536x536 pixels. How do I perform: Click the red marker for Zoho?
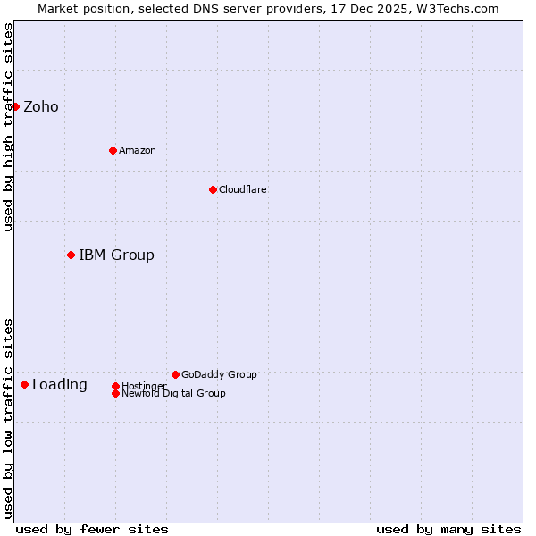tap(15, 106)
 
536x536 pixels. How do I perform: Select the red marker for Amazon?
tap(113, 150)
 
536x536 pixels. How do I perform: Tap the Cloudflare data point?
tap(213, 189)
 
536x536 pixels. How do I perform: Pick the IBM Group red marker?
tap(71, 255)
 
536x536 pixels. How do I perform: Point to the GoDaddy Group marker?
tap(175, 374)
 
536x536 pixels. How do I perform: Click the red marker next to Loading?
tap(24, 384)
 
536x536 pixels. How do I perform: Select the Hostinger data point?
tap(115, 386)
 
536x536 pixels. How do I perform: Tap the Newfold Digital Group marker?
tap(115, 393)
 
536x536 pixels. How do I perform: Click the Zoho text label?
tap(41, 107)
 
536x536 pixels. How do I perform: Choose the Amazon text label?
tap(138, 150)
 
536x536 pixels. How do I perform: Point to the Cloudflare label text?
tap(243, 189)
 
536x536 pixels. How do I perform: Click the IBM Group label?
tap(116, 255)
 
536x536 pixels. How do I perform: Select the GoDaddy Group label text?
tap(219, 374)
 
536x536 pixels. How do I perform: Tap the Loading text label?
tap(60, 385)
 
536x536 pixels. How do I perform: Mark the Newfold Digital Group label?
tap(174, 394)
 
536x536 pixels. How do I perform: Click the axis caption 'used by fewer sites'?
tap(92, 529)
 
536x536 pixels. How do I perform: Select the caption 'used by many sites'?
tap(448, 529)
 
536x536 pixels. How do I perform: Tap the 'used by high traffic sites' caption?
tap(8, 127)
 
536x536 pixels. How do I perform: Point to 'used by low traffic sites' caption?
tap(8, 418)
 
